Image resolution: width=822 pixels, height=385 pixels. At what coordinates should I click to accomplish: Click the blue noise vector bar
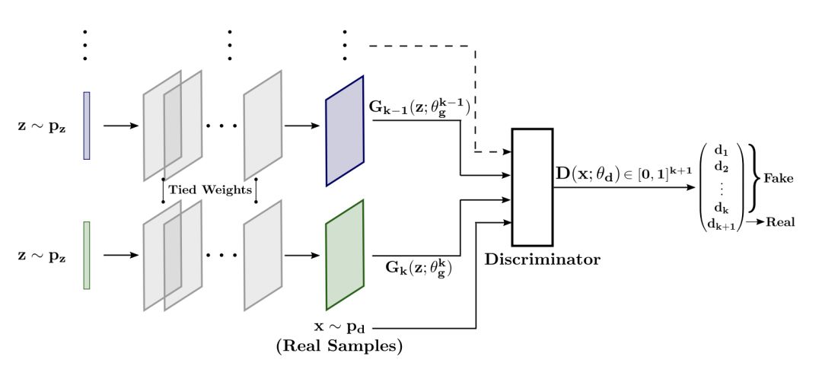coord(87,126)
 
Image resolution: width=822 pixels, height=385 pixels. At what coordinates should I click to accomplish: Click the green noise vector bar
coord(87,255)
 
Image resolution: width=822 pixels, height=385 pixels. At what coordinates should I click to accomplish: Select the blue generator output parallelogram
coord(345,130)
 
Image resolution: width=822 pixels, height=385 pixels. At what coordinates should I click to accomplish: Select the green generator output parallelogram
coord(345,255)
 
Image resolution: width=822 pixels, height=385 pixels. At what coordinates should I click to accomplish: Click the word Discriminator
coord(542,259)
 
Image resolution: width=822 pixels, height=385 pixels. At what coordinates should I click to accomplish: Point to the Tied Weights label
coord(209,189)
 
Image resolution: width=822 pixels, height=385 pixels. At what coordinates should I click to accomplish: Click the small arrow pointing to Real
coord(753,222)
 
